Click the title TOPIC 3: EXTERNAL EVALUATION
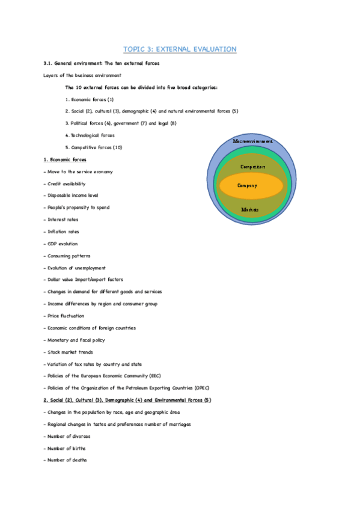click(x=180, y=49)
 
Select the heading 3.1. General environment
click(x=101, y=63)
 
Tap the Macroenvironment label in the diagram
click(x=252, y=141)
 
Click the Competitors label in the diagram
click(x=252, y=167)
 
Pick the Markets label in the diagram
click(x=249, y=209)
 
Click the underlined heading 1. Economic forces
click(x=65, y=159)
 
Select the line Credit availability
click(x=66, y=183)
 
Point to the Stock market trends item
click(x=69, y=352)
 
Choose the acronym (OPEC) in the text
click(x=200, y=388)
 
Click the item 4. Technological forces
click(x=90, y=135)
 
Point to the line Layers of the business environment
click(x=82, y=75)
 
